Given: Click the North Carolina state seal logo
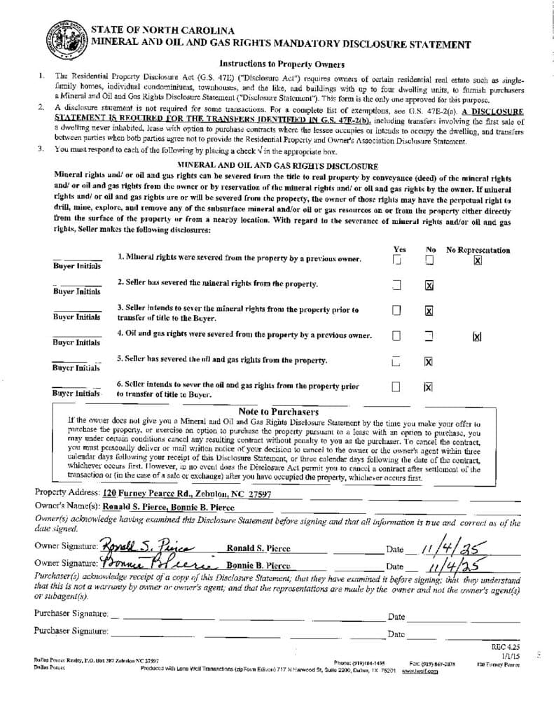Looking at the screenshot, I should tap(66, 39).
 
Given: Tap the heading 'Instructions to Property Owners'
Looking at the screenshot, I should tap(277, 63).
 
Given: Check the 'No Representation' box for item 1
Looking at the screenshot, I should tap(478, 260).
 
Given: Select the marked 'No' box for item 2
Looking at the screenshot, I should tap(429, 286).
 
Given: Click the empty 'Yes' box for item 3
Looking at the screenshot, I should tap(396, 310).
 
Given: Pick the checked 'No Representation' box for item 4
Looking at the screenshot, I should tap(477, 337).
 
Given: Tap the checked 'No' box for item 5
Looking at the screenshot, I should tap(429, 361).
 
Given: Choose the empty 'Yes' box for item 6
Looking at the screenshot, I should tap(396, 386).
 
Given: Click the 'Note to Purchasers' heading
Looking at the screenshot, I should tap(279, 412).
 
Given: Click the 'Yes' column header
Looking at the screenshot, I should tap(400, 249).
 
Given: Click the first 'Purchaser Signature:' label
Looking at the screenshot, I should tap(71, 614).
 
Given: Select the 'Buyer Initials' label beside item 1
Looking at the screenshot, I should tap(76, 266).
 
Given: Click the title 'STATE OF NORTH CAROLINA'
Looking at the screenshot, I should tap(162, 32).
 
